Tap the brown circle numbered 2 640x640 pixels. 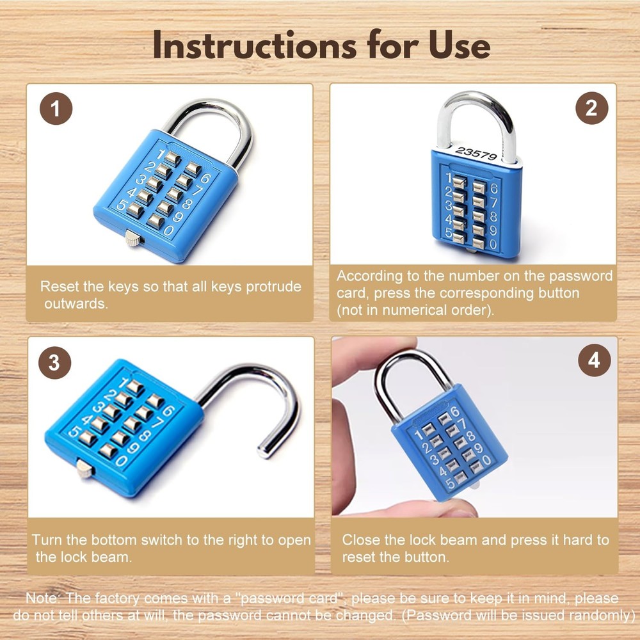point(591,108)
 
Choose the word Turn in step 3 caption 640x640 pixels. point(46,540)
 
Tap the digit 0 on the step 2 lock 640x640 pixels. point(492,244)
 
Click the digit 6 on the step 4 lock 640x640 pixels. point(455,412)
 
